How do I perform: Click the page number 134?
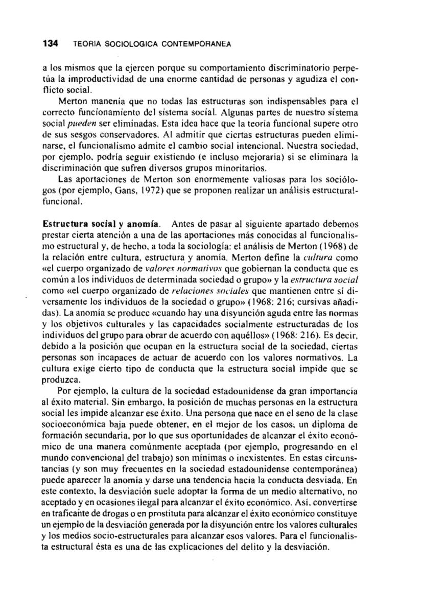[50, 44]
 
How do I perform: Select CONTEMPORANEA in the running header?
[202, 44]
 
